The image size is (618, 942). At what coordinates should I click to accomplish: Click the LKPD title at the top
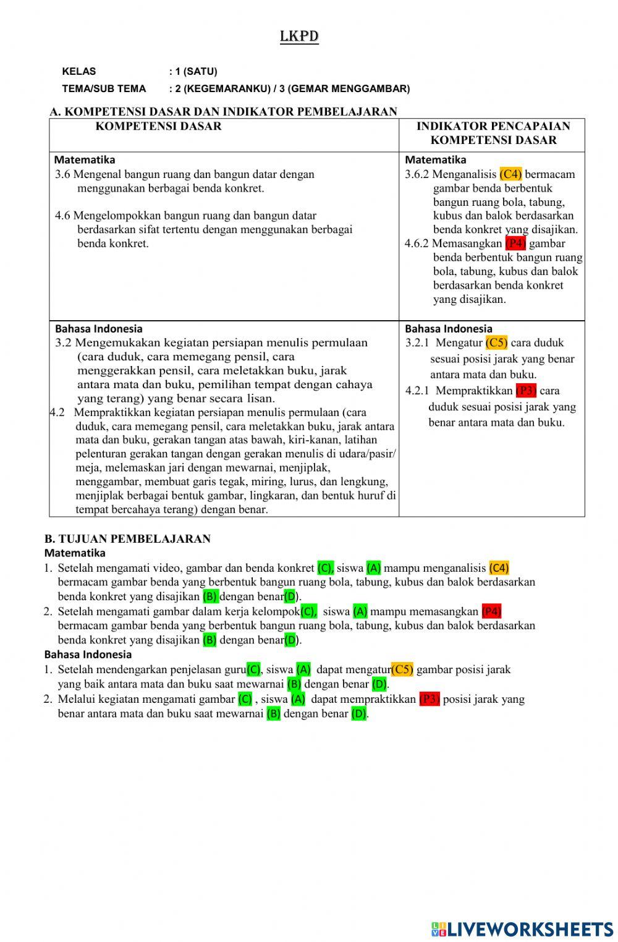click(x=299, y=36)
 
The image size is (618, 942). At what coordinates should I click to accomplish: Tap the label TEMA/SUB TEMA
click(x=104, y=89)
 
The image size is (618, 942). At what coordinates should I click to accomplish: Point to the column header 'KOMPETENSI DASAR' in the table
click(x=158, y=127)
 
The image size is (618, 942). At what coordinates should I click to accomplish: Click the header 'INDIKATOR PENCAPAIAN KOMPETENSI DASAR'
click(x=493, y=134)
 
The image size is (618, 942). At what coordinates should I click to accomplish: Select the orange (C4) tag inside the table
click(x=510, y=174)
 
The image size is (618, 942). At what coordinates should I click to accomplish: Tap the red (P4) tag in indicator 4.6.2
click(x=515, y=244)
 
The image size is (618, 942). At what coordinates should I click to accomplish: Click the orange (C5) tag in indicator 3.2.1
click(x=496, y=343)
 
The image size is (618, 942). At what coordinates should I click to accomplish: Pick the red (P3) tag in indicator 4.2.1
click(x=525, y=391)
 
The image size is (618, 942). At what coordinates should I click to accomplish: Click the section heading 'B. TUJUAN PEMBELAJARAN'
click(x=127, y=539)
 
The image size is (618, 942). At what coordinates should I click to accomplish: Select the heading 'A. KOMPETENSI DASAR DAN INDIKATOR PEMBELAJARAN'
click(x=223, y=112)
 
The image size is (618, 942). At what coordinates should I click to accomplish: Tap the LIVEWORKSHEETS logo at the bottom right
click(x=522, y=928)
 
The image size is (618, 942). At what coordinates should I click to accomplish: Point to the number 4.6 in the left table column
click(x=62, y=216)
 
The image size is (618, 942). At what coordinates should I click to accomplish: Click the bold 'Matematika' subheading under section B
click(x=75, y=553)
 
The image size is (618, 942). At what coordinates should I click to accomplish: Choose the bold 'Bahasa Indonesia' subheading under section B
click(x=88, y=655)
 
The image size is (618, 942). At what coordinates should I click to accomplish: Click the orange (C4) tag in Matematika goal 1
click(x=499, y=568)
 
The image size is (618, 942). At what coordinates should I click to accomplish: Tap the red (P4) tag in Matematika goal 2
click(x=491, y=612)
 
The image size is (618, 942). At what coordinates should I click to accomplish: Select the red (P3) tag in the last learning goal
click(x=429, y=700)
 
